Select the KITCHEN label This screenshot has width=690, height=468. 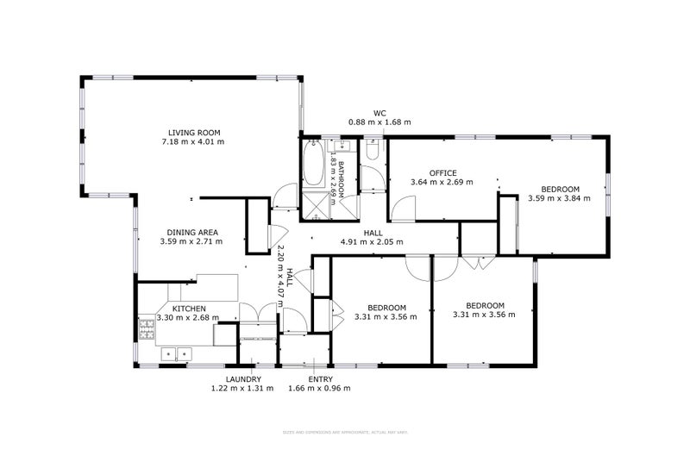point(188,308)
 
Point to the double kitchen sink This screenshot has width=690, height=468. point(176,353)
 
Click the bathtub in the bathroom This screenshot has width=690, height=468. point(312,165)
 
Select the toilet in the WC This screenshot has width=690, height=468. point(373,151)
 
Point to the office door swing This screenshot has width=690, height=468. point(405,208)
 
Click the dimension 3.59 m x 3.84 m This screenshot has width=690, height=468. point(559,198)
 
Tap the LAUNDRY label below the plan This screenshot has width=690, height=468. point(242,379)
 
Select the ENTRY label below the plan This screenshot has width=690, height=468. point(319,379)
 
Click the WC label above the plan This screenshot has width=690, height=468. point(379,113)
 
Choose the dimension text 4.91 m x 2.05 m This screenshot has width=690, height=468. point(373,242)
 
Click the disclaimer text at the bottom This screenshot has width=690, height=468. point(344,431)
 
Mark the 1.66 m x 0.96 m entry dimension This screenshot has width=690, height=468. point(319,389)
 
